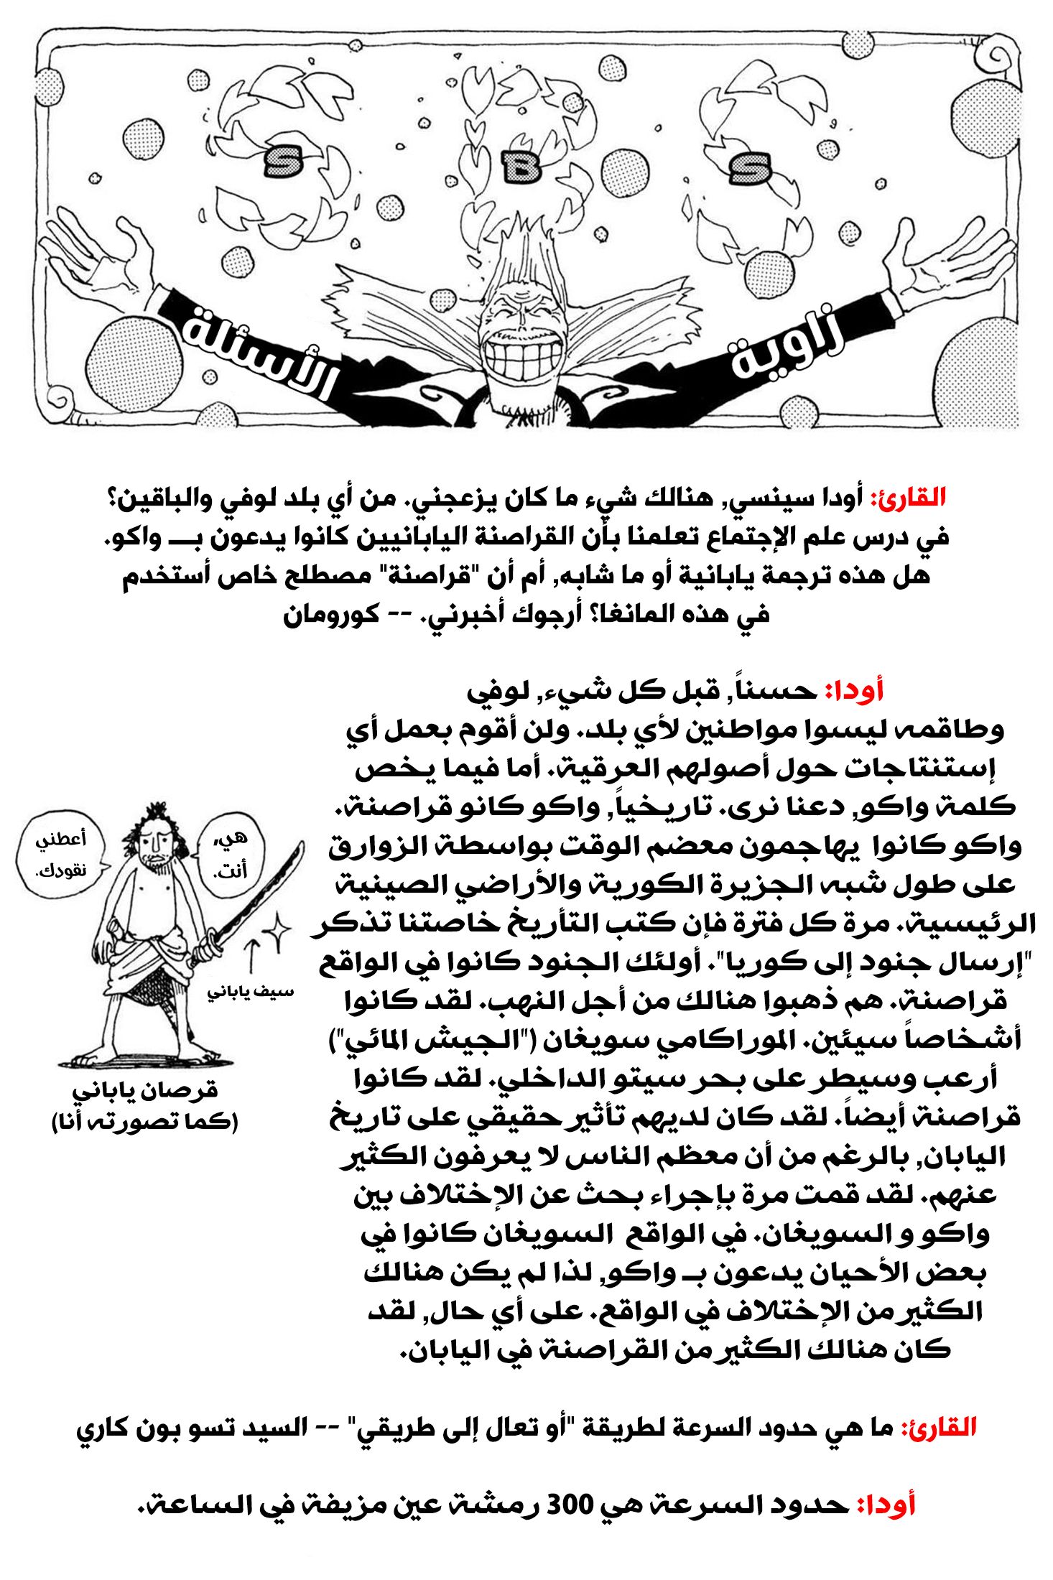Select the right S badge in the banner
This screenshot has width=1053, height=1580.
(749, 168)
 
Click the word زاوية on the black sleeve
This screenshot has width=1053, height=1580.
(789, 347)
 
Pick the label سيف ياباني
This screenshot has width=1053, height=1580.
(251, 992)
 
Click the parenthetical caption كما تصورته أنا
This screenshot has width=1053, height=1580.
(144, 1121)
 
